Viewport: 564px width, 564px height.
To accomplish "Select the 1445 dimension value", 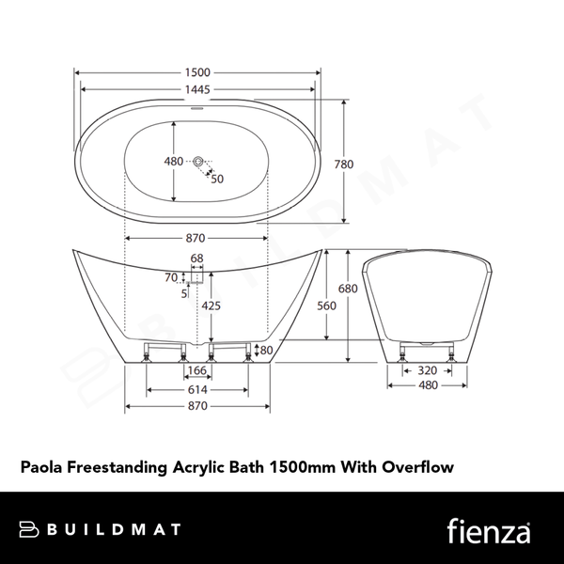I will (197, 89).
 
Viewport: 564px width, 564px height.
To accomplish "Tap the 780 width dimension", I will (344, 164).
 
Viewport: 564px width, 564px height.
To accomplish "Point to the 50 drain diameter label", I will (217, 179).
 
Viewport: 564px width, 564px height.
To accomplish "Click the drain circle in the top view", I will (198, 163).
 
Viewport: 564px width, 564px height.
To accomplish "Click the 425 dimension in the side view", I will (211, 305).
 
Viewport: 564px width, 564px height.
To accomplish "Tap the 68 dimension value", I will (197, 258).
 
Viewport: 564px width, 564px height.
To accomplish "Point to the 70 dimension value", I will (170, 277).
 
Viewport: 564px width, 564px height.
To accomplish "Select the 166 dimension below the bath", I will (197, 371).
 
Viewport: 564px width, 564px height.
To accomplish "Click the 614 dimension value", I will (197, 389).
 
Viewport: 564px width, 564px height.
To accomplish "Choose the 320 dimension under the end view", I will (427, 370).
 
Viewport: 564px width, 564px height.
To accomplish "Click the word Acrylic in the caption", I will (196, 465).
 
